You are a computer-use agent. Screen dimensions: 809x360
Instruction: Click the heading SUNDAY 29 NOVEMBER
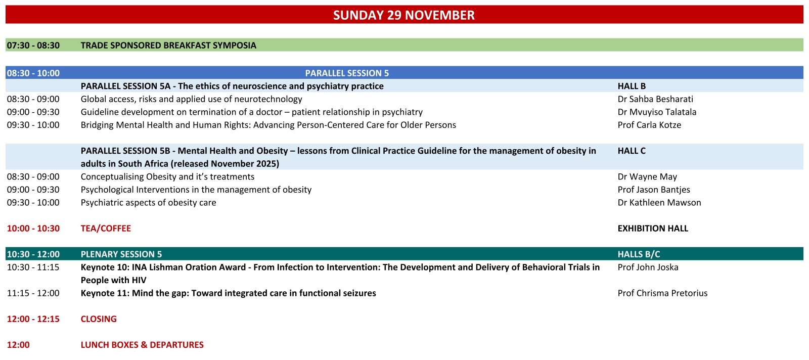tap(404, 15)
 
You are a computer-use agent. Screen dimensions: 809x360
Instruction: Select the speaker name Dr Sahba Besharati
tap(655, 99)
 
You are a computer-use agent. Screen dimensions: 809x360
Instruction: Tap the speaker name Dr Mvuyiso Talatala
tap(657, 112)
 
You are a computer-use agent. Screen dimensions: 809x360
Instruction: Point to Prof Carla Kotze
tap(649, 125)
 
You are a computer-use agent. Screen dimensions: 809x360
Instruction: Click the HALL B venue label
tap(632, 86)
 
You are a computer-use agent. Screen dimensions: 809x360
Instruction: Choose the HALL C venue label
tap(632, 151)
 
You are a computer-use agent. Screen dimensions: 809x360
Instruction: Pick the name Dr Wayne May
tap(647, 176)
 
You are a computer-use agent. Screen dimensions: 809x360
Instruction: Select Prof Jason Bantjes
tap(654, 190)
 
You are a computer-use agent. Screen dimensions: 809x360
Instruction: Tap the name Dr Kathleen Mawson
tap(659, 203)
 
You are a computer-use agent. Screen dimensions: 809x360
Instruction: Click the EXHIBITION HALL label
tap(653, 228)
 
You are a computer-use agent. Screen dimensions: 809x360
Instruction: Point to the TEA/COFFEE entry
tap(106, 228)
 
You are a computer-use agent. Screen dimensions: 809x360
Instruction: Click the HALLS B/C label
tap(639, 254)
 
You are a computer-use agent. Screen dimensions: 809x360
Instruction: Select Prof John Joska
tap(648, 267)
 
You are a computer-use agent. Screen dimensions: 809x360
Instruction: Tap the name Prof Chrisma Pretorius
tap(662, 293)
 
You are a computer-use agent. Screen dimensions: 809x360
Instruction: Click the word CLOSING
tap(99, 319)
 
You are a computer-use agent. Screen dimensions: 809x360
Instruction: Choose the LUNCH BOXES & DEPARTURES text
tap(142, 345)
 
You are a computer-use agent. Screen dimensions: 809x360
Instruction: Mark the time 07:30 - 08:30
tap(33, 46)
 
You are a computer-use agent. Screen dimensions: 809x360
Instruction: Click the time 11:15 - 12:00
tap(33, 293)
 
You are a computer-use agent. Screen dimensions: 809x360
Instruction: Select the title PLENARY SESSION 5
tap(121, 254)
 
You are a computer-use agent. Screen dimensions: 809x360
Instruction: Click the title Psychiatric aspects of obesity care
tap(149, 203)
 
